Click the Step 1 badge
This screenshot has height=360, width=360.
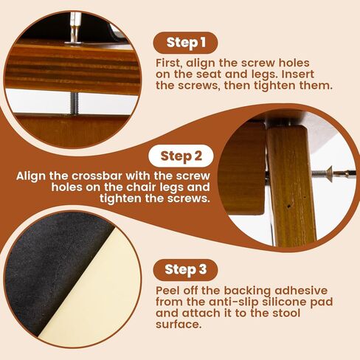tap(185, 43)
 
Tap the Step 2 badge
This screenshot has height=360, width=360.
tap(181, 156)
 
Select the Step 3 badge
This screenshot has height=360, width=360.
tap(185, 270)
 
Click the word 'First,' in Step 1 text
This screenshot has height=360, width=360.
tap(169, 63)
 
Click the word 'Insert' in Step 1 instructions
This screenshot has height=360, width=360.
tap(298, 75)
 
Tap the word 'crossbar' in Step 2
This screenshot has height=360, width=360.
tap(96, 176)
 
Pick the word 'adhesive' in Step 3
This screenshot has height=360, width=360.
tap(301, 291)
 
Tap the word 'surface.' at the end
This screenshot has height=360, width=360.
tap(179, 325)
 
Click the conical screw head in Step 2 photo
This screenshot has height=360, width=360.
tap(329, 174)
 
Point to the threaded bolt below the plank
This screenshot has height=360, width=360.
tap(75, 103)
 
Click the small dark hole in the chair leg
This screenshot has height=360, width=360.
tap(289, 207)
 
